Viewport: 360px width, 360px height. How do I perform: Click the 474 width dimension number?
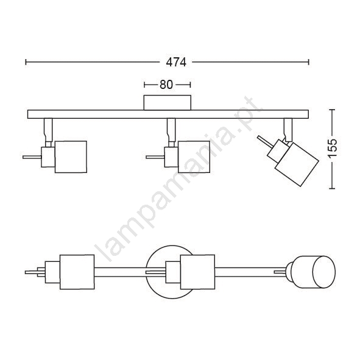176,62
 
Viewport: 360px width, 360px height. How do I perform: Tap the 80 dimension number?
166,85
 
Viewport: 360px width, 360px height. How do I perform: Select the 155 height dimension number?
332,148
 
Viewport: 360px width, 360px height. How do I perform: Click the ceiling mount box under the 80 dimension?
167,102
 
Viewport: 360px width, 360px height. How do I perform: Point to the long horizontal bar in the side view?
168,114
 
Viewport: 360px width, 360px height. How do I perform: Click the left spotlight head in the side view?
71,157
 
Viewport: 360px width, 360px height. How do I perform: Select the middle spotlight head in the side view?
194,157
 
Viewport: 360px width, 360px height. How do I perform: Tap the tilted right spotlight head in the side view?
297,164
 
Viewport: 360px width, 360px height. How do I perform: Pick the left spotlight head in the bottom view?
77,272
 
